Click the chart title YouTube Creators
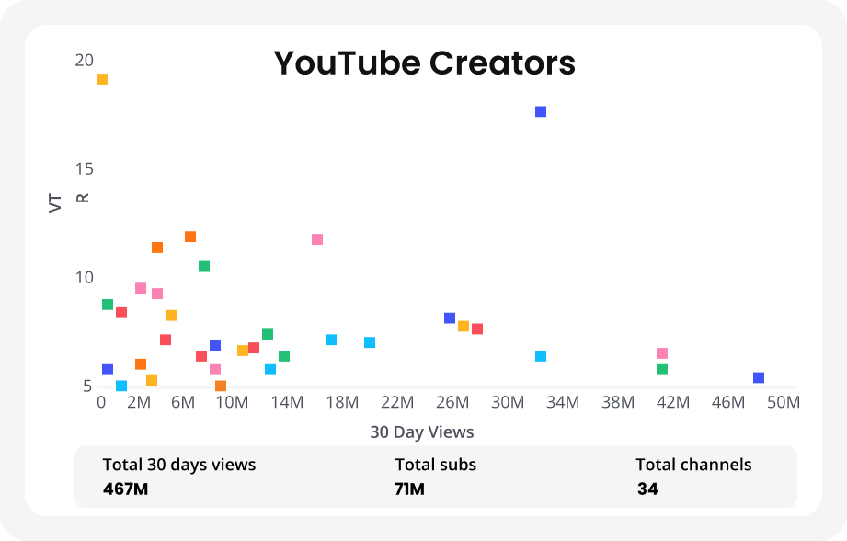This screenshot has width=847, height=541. (424, 63)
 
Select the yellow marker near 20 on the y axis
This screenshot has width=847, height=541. (102, 79)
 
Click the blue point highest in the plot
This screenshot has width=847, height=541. (541, 111)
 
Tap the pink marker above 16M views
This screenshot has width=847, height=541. (317, 239)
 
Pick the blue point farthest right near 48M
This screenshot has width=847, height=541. (759, 377)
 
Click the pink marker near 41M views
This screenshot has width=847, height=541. (662, 353)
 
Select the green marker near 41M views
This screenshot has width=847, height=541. (662, 370)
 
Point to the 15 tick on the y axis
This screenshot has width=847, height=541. (84, 169)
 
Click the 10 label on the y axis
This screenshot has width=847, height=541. (84, 278)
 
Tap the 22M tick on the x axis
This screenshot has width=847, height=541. (397, 402)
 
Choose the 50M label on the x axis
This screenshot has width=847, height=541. (784, 402)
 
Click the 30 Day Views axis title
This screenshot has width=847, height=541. (422, 432)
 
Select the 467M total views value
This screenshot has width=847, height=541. (125, 489)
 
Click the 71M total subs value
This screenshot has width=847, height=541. (409, 489)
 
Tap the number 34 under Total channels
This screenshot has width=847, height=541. (647, 489)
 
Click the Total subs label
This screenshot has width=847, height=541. (436, 465)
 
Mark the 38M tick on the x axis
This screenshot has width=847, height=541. (618, 402)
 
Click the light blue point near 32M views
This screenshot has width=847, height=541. (541, 356)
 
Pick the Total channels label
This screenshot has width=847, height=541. (693, 465)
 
